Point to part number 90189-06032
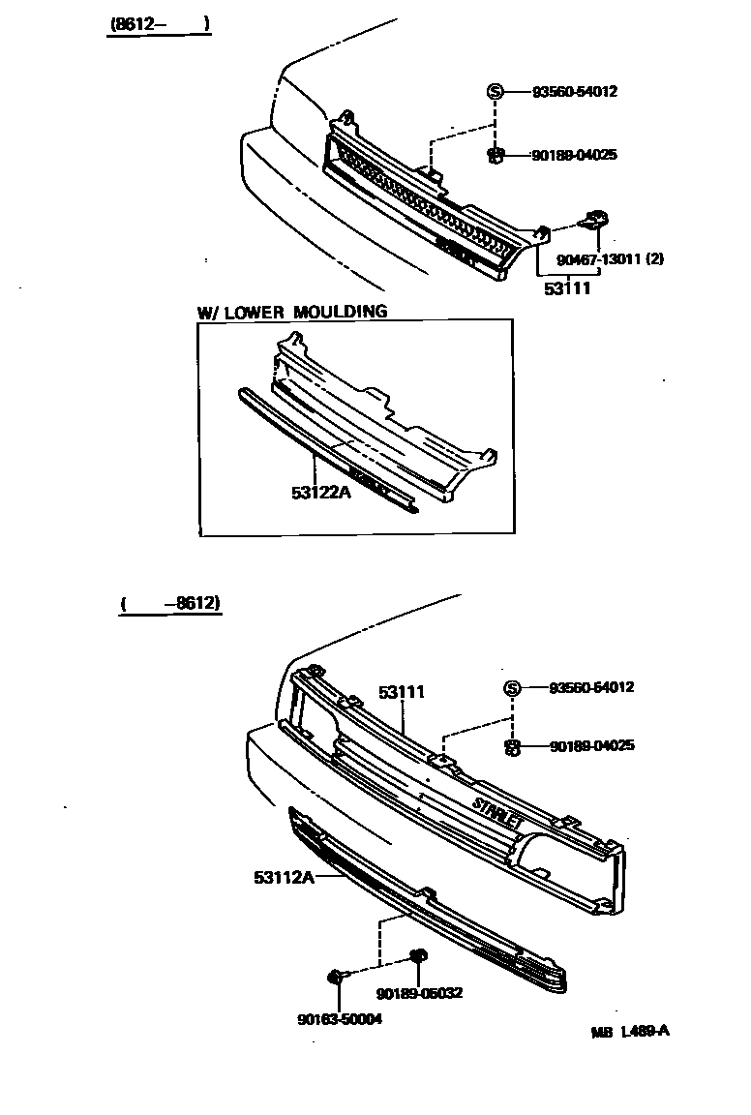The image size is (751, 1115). tap(420, 993)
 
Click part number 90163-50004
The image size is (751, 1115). tap(339, 1018)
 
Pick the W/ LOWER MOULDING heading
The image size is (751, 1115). tap(292, 312)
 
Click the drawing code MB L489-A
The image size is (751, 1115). tap(630, 1031)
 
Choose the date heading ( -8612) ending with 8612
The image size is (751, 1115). tap(171, 604)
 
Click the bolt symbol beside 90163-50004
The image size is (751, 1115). tap(336, 977)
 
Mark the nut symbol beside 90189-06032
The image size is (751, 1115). tap(419, 957)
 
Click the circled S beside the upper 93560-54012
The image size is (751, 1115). tap(495, 92)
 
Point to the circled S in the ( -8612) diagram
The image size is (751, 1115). tap(512, 688)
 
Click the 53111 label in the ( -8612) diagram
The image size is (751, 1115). tap(402, 692)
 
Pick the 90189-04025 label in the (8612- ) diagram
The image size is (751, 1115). tap(574, 155)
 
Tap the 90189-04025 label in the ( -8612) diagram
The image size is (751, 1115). tap(591, 746)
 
